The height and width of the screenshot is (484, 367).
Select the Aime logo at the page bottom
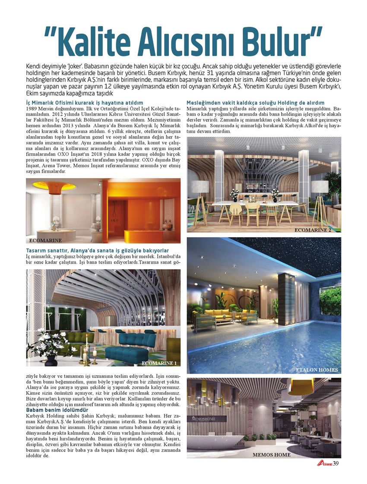(324, 464)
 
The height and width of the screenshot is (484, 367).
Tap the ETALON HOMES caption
(317, 370)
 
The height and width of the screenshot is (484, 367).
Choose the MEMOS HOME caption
(271, 455)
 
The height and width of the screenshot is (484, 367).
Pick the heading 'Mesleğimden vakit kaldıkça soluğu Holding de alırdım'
(255, 103)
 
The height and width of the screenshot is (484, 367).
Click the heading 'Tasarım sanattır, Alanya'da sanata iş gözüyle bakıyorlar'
(97, 251)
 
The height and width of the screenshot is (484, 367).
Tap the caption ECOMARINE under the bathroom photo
(45, 240)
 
